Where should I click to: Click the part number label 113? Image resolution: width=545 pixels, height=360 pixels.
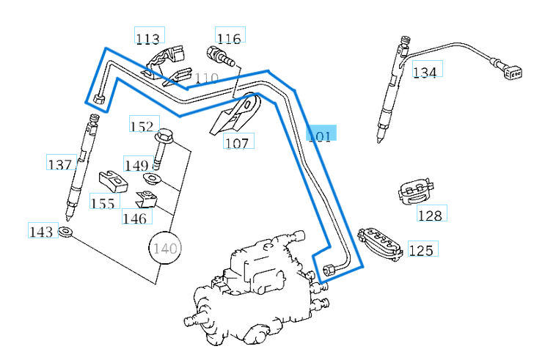[x=148, y=38]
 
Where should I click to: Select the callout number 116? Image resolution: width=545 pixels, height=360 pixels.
[x=229, y=38]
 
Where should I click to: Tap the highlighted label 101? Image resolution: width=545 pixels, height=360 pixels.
[x=321, y=135]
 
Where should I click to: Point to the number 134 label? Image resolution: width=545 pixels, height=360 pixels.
[x=425, y=72]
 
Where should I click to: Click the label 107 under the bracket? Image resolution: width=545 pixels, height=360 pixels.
[x=237, y=143]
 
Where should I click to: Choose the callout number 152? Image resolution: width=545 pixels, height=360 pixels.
[x=141, y=126]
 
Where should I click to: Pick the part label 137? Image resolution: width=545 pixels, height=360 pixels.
[x=59, y=164]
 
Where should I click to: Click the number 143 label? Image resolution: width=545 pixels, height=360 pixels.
[x=41, y=232]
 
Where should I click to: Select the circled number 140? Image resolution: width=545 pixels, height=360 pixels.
[x=165, y=249]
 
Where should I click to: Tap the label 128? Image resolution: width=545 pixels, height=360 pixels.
[x=430, y=215]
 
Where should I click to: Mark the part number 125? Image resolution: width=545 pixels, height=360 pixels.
[x=421, y=250]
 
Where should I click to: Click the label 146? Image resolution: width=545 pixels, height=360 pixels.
[x=134, y=218]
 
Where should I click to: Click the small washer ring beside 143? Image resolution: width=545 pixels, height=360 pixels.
[x=66, y=232]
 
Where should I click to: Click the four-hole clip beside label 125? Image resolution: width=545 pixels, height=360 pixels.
[x=379, y=243]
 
